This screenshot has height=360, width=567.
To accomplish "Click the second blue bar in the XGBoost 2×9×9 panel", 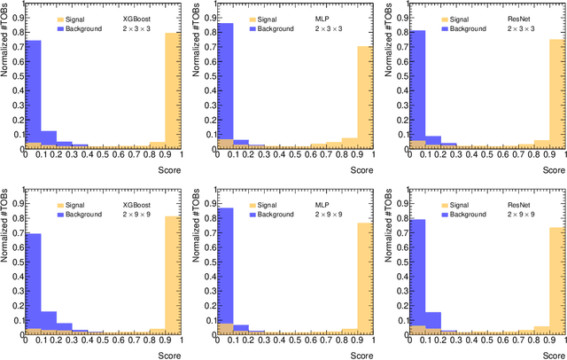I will tap(50, 324).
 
